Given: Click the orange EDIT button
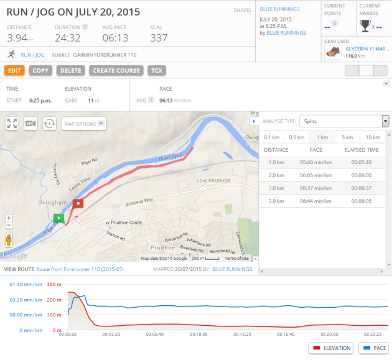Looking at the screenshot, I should tap(14, 71).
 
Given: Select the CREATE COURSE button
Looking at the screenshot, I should tap(116, 71).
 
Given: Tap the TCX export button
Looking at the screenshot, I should tap(156, 71).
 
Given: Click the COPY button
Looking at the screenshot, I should tap(40, 71).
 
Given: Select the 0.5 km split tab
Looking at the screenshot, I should tap(296, 137).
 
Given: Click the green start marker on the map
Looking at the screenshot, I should tap(58, 218).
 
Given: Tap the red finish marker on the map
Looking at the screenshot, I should tap(78, 203).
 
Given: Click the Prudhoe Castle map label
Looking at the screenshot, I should tap(127, 223).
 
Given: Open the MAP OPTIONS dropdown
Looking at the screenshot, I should tap(84, 124).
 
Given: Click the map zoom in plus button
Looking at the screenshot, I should tap(9, 219).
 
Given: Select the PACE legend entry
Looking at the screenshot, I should tap(375, 348).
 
